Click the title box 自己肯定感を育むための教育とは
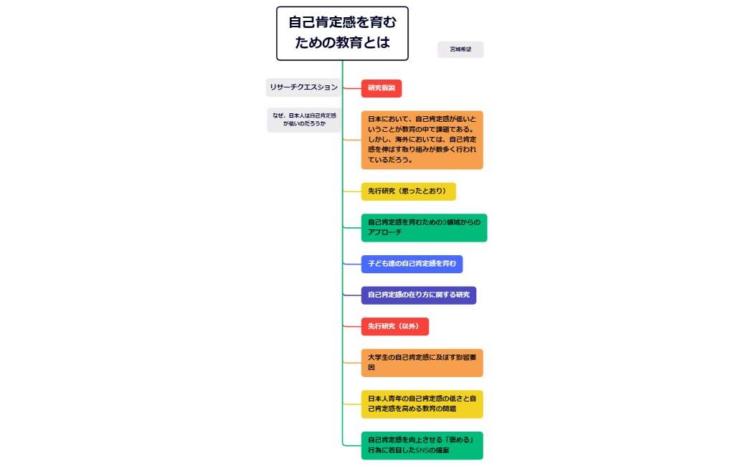[342, 33]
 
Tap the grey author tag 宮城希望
[460, 49]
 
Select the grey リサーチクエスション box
[303, 87]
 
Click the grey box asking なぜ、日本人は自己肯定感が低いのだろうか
[304, 120]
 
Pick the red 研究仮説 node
[381, 88]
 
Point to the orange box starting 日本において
[422, 140]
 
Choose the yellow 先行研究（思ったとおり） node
[407, 191]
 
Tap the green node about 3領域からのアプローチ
[423, 227]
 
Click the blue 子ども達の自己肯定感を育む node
[412, 264]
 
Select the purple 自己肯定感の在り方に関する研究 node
[418, 295]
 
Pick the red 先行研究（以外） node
[394, 327]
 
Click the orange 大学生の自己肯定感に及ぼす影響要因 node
[422, 362]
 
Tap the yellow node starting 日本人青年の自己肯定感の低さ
[422, 404]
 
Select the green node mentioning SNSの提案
[422, 445]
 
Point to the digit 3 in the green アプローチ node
[445, 222]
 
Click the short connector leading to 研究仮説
[351, 88]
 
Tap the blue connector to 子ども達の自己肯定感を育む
[351, 264]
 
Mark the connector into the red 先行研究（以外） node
[351, 327]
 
